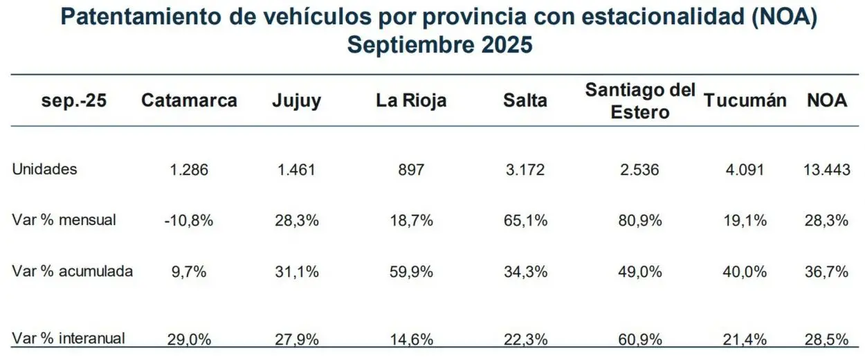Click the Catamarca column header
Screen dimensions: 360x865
point(189,100)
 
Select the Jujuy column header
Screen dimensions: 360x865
point(296,100)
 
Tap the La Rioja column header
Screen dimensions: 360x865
point(411,100)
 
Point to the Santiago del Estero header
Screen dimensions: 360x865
point(640,100)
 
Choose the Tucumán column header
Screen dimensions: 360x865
point(745,100)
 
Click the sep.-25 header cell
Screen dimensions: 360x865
point(75,100)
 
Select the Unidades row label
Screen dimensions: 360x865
point(45,169)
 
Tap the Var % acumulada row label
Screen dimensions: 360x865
point(72,271)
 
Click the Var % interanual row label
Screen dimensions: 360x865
point(69,339)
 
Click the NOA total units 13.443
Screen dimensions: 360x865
point(827,170)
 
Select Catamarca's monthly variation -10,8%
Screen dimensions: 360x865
point(189,221)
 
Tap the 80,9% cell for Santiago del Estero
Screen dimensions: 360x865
point(640,221)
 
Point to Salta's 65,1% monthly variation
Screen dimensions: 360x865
point(525,221)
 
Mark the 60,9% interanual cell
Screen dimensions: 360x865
point(640,339)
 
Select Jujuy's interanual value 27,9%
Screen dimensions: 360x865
point(296,339)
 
